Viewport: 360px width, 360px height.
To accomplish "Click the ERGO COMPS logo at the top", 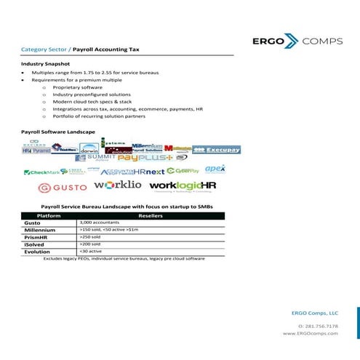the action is (295, 41).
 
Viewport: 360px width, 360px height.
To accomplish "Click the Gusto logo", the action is (55, 188).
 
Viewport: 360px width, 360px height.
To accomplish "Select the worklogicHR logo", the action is (183, 187).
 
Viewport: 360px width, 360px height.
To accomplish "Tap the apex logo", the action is (215, 169).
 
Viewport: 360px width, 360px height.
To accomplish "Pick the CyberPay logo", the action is (183, 171).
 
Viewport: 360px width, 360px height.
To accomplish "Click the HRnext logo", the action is (148, 172).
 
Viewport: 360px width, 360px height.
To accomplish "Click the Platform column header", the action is (48, 216).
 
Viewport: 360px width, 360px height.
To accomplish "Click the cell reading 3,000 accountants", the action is (100, 223).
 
